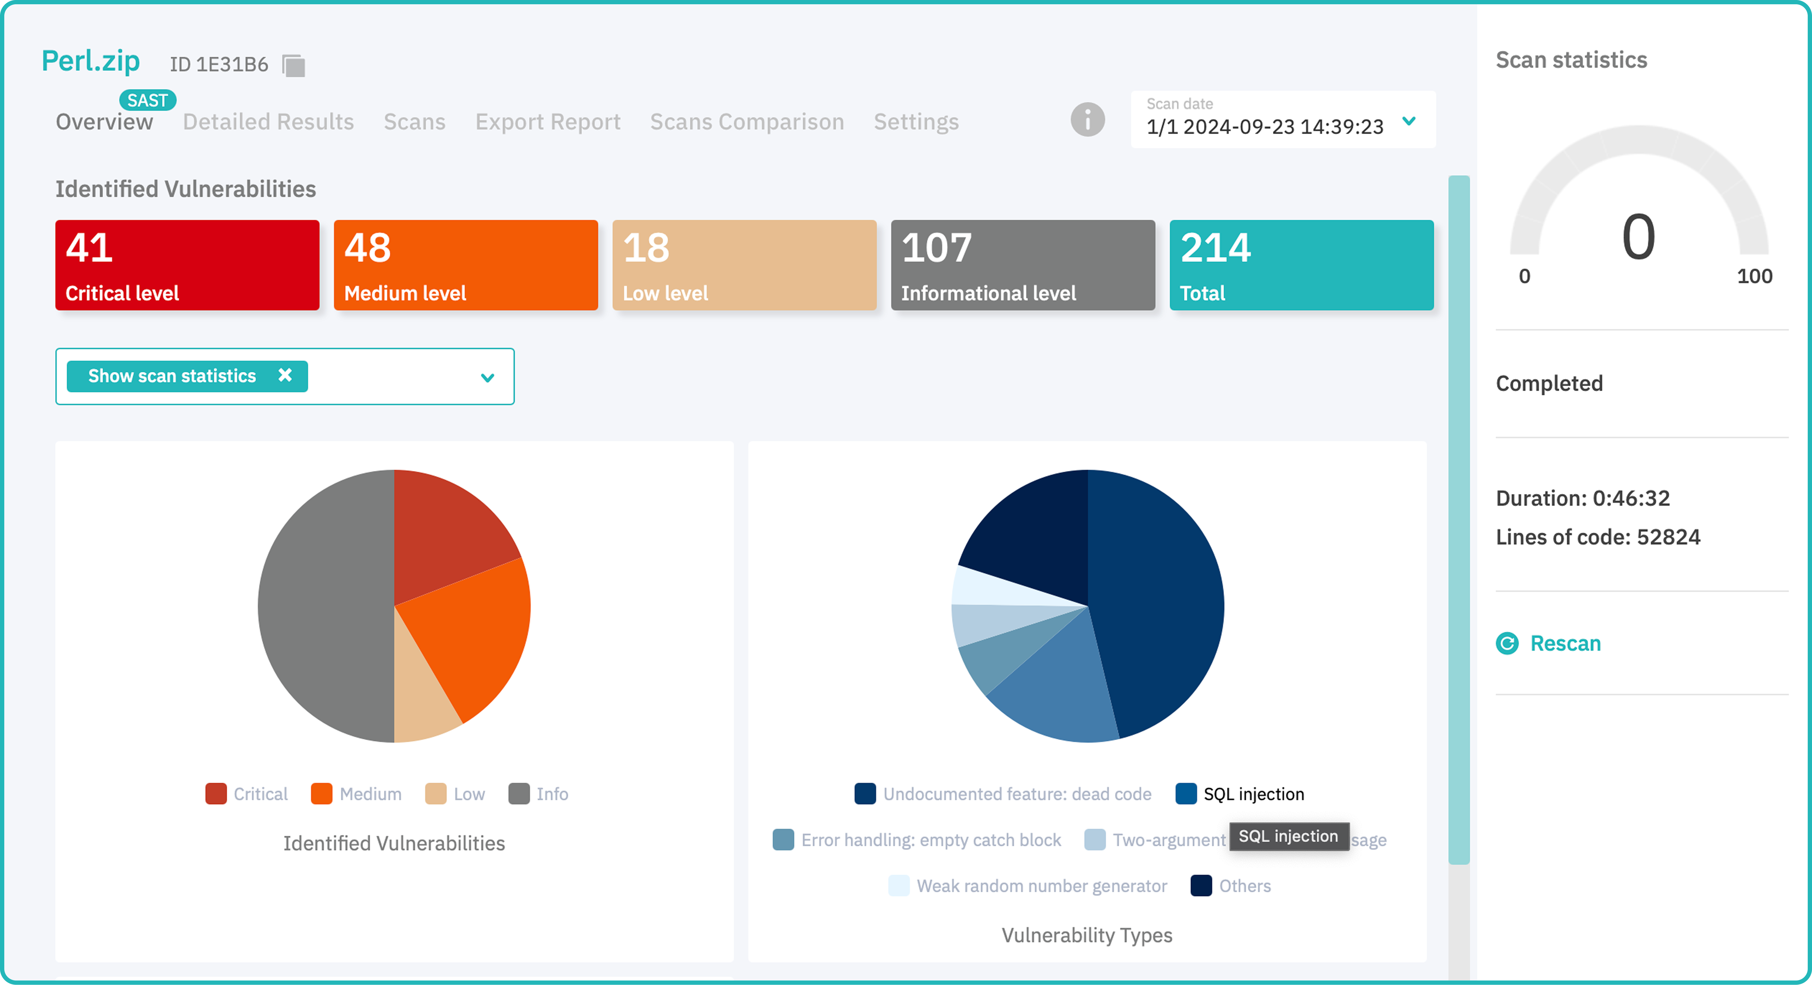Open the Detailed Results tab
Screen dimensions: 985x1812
point(268,122)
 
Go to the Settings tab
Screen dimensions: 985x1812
point(916,122)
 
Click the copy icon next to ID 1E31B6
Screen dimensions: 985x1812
point(293,65)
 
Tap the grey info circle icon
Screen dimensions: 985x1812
point(1088,119)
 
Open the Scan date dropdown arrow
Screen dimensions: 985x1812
point(1409,121)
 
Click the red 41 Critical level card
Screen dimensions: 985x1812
point(187,265)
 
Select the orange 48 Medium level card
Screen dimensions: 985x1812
point(466,265)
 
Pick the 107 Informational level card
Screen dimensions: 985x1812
point(1023,265)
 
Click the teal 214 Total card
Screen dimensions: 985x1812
point(1301,265)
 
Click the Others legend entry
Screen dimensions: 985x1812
point(1231,886)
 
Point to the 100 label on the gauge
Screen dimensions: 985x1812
point(1754,276)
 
